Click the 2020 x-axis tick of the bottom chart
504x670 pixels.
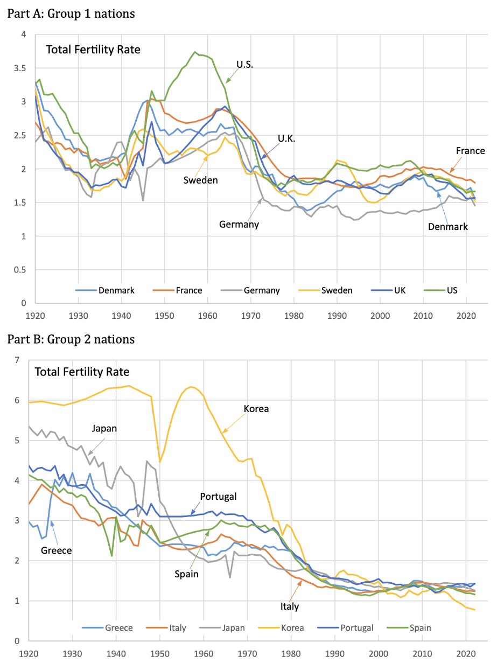tap(465, 652)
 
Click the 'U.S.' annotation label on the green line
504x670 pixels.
tap(245, 65)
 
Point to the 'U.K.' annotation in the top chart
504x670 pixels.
tap(288, 138)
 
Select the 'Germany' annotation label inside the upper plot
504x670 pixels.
tap(239, 224)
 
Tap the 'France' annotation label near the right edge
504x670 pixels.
tap(471, 151)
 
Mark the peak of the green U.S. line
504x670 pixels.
tap(195, 52)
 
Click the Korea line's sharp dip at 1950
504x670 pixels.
tap(160, 462)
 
